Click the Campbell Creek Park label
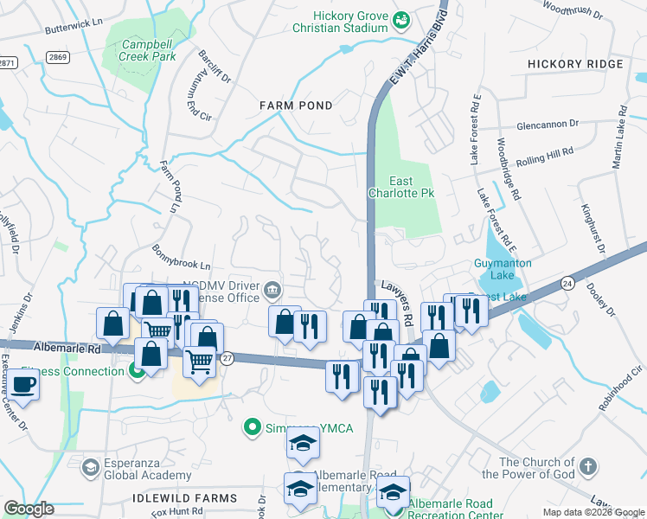[x=148, y=50]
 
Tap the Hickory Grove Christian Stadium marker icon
[x=400, y=19]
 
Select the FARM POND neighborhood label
[x=297, y=105]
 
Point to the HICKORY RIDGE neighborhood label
[x=574, y=65]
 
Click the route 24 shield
[x=567, y=283]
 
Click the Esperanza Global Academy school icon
[x=90, y=468]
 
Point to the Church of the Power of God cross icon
[x=587, y=468]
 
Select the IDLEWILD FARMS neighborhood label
[x=185, y=499]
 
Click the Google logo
[x=29, y=509]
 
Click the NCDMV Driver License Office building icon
[x=272, y=288]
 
